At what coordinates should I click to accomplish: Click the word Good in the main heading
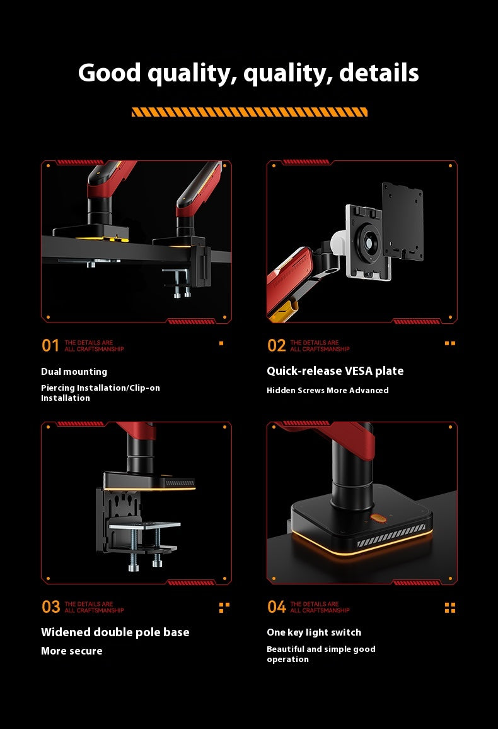tap(109, 73)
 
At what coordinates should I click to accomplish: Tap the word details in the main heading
tap(379, 73)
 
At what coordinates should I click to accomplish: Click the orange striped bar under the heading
tap(250, 112)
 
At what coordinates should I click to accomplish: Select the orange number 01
tap(50, 345)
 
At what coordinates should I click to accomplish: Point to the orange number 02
tap(276, 345)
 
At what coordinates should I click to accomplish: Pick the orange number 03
tap(50, 607)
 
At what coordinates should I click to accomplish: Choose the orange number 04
tap(276, 607)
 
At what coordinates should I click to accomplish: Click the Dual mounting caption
tap(74, 372)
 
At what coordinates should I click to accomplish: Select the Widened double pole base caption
tap(115, 632)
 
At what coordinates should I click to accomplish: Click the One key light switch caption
tap(314, 632)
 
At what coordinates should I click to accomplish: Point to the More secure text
tap(71, 651)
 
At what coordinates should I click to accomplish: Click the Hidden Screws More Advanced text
tap(328, 391)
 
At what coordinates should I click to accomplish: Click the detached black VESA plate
tap(402, 222)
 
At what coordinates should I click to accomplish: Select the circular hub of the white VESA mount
tap(369, 242)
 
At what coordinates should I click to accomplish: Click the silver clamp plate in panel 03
tap(144, 526)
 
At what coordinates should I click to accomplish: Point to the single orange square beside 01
tap(221, 343)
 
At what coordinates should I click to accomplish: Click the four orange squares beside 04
tap(449, 608)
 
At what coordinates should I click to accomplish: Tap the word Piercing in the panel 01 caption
tap(57, 388)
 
